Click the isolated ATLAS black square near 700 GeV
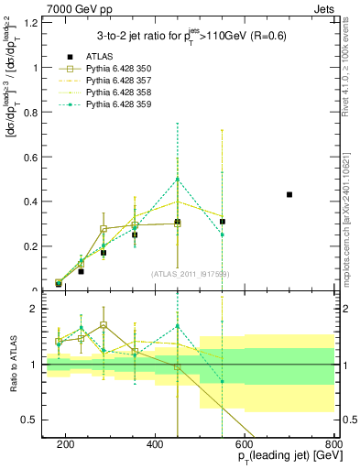[x=289, y=194]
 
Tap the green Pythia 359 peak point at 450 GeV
[x=178, y=179]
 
